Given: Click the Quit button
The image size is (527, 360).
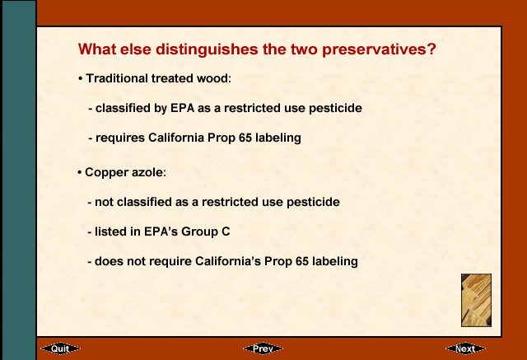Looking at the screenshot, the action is (60, 348).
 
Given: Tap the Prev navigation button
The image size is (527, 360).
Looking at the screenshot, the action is (263, 348).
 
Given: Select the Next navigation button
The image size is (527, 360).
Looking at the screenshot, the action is (465, 348).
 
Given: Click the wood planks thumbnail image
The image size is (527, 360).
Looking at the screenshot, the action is (476, 300).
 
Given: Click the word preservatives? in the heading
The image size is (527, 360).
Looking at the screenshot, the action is (379, 49).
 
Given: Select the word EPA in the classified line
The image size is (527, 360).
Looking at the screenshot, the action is (183, 108).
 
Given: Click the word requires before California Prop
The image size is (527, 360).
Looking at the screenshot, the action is (120, 138).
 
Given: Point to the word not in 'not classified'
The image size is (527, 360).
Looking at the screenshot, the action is (105, 202).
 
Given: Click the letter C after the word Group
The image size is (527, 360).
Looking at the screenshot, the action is (226, 231).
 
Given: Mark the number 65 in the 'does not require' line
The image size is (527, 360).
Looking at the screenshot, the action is (302, 261).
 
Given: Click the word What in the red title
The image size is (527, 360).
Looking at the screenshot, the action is (97, 49).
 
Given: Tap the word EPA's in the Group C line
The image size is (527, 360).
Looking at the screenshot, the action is (161, 231).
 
